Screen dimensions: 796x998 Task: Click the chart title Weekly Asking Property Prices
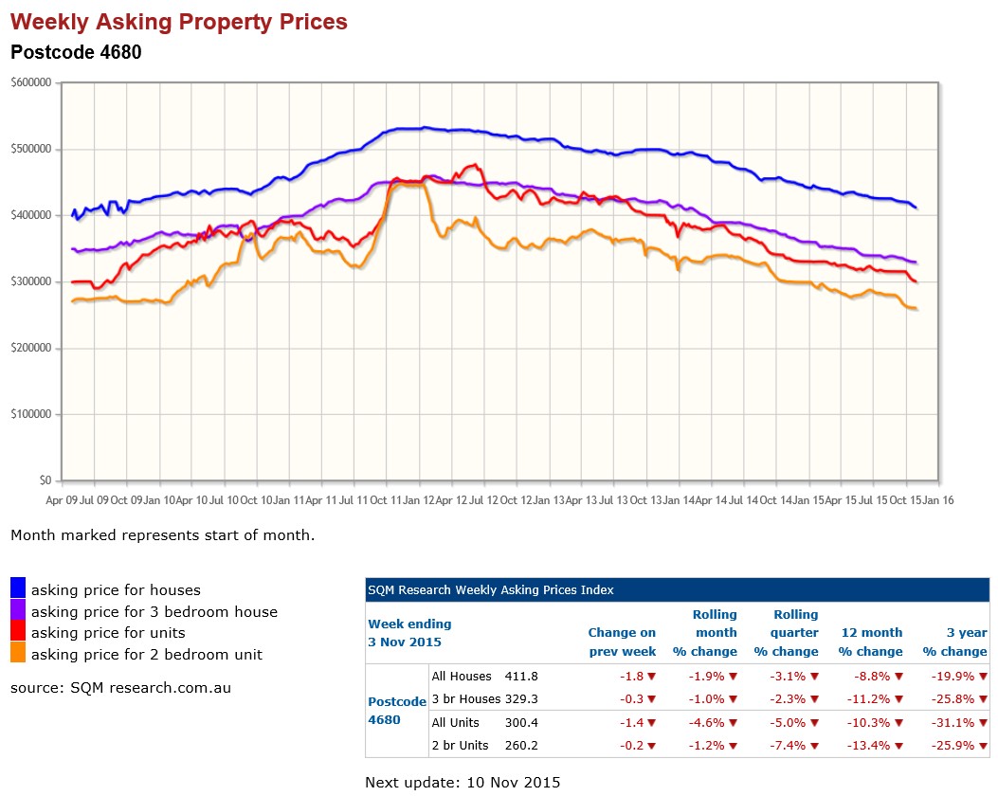tap(179, 21)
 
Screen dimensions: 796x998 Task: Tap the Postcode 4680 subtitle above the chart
tap(76, 52)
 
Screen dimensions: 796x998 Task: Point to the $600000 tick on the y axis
tap(31, 82)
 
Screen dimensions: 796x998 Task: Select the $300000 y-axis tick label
tap(31, 281)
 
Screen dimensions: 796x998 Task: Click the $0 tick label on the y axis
tap(45, 480)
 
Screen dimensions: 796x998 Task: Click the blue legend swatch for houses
tap(18, 589)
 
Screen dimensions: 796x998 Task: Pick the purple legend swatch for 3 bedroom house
tap(18, 611)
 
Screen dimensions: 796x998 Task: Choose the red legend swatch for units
tap(18, 632)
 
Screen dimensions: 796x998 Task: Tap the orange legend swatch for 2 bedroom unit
tap(18, 654)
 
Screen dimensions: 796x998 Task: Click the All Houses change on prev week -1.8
tap(635, 677)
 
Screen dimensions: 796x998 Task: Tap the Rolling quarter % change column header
tap(786, 633)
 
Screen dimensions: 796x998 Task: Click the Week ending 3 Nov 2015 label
tap(409, 633)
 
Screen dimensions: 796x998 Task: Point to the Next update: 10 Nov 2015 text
tap(463, 783)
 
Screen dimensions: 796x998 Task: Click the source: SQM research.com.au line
tap(120, 688)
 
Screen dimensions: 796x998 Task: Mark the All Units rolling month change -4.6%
tap(704, 723)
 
